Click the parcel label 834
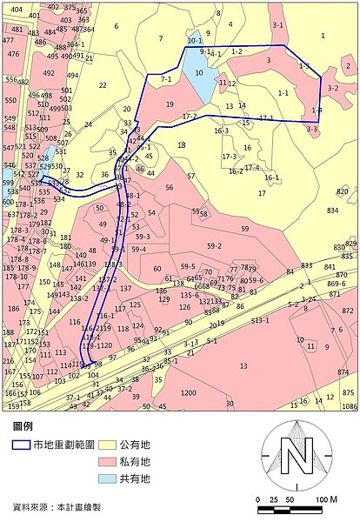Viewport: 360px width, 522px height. (332, 211)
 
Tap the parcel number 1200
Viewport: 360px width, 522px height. (188, 392)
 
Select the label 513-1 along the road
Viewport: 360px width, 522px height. (260, 320)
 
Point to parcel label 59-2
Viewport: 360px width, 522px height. (214, 246)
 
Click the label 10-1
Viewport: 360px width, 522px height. (194, 41)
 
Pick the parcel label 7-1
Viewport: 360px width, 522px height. (166, 78)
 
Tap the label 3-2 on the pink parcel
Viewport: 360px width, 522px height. (333, 88)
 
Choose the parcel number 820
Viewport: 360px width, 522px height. (342, 191)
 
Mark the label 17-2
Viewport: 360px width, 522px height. (189, 117)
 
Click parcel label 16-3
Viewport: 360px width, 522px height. (221, 130)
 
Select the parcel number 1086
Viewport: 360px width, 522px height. (350, 406)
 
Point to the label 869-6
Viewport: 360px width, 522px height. (337, 284)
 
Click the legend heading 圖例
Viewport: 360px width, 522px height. (23, 427)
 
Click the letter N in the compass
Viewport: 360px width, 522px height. (297, 454)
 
